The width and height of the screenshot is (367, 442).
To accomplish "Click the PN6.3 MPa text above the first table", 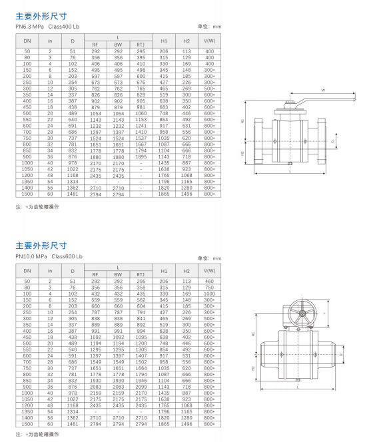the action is (29, 27).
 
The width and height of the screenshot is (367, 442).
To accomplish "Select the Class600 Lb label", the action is (67, 256).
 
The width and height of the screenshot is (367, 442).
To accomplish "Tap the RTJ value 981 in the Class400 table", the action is (141, 107).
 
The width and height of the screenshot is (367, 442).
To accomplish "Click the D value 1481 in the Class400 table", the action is (73, 194).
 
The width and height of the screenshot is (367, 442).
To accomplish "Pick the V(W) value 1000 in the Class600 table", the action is (209, 294).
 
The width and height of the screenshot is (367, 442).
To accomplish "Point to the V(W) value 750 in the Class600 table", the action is (209, 288).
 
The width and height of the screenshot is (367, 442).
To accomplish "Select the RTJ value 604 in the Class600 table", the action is (141, 306).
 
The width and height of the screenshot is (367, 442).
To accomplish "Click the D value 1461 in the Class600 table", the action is (73, 424).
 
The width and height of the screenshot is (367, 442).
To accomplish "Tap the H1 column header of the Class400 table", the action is (164, 41).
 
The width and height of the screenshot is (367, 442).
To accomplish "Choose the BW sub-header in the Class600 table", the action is (118, 274).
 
